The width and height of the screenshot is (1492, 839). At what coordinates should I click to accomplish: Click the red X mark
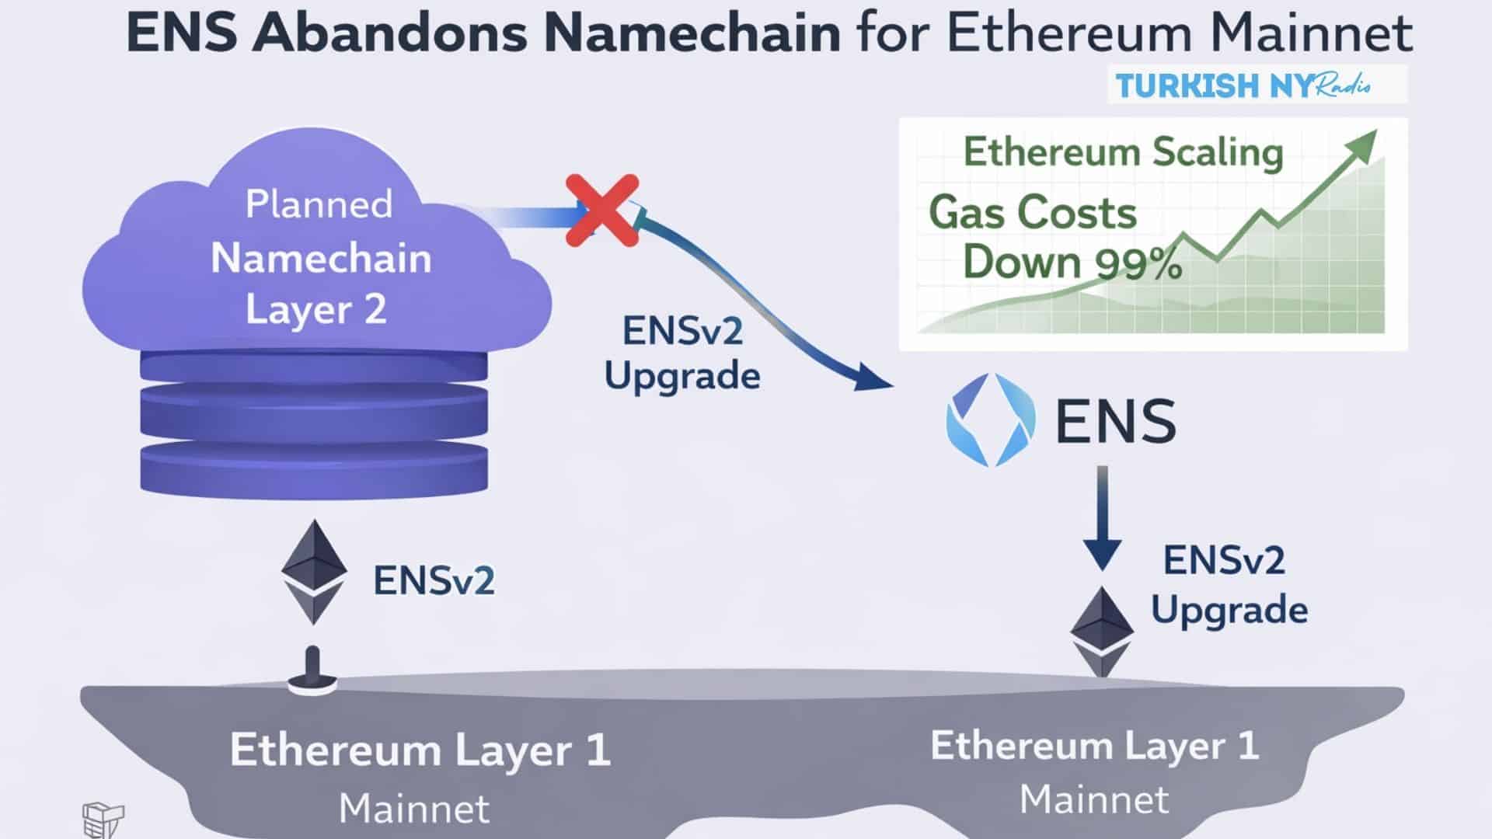[602, 211]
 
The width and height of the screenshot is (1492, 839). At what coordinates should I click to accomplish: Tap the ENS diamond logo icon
[991, 420]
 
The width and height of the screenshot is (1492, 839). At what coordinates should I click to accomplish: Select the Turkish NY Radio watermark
[1257, 85]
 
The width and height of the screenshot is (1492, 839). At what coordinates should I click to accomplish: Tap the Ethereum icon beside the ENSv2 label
[314, 573]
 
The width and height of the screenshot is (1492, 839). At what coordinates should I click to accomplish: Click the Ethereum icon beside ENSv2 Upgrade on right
[1102, 631]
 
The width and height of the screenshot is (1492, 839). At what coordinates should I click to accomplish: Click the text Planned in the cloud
[319, 204]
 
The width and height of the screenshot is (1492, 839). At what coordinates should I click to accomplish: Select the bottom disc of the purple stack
[314, 468]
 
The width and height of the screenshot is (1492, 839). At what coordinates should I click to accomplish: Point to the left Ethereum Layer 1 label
[420, 750]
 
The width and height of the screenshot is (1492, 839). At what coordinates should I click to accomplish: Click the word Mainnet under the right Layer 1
[1094, 799]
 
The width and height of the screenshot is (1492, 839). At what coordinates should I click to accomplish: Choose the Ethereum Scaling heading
[1123, 152]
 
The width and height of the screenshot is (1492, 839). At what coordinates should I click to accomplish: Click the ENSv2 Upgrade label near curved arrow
[682, 353]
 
